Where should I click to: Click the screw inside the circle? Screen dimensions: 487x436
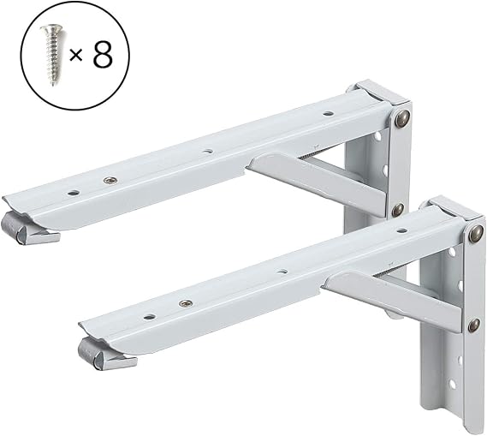pyautogui.click(x=53, y=54)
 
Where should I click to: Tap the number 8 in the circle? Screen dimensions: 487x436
pyautogui.click(x=103, y=55)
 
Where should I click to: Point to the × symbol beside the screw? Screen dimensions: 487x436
pyautogui.click(x=75, y=56)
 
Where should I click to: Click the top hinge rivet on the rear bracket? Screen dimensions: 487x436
pyautogui.click(x=402, y=118)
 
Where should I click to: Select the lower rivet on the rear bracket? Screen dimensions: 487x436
pyautogui.click(x=398, y=210)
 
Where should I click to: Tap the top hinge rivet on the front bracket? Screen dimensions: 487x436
pyautogui.click(x=476, y=235)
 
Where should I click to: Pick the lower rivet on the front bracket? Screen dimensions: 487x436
pyautogui.click(x=473, y=325)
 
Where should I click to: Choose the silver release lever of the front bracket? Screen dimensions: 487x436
pyautogui.click(x=104, y=355)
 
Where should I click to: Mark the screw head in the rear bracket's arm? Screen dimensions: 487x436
pyautogui.click(x=110, y=180)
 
